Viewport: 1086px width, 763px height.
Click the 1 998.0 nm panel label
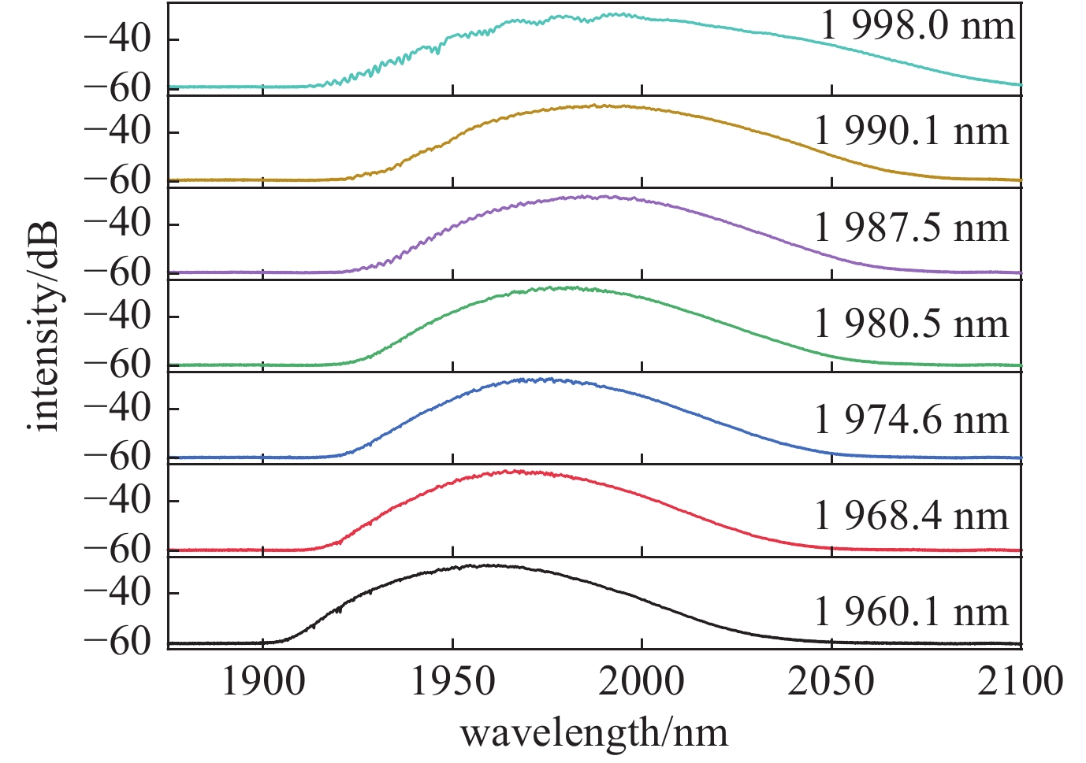point(917,27)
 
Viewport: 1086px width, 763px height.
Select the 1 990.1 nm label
point(911,131)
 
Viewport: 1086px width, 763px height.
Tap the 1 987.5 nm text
point(911,228)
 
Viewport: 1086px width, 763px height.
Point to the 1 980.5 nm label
point(911,324)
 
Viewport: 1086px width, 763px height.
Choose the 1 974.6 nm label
point(911,420)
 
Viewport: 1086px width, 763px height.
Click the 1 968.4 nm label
point(911,516)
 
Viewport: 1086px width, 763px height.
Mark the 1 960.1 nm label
point(911,612)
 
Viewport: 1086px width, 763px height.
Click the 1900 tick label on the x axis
point(262,682)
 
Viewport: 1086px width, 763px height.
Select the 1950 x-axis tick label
point(452,682)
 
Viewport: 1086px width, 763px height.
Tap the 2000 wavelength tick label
point(642,682)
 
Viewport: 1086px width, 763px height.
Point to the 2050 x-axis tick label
point(831,682)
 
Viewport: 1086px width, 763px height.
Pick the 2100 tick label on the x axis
point(1021,682)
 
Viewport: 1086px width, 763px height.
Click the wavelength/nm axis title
point(593,734)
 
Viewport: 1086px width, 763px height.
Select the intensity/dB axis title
point(46,325)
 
